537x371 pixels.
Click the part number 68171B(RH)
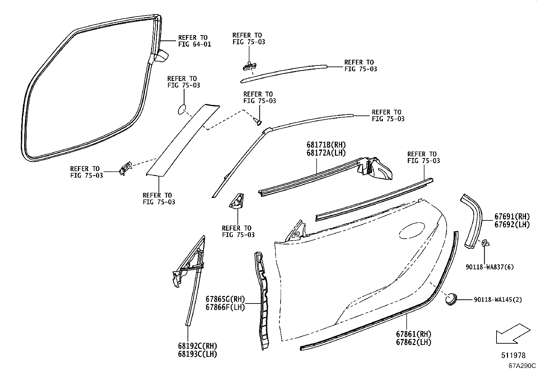tap(326, 145)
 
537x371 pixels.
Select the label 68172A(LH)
tap(326, 153)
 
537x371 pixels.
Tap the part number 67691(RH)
tap(512, 216)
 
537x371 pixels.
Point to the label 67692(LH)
tap(512, 224)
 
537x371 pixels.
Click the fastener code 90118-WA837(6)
tap(490, 267)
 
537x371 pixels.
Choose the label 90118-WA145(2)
tap(498, 299)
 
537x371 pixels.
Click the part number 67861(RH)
tap(414, 334)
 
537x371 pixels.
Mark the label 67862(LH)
tap(414, 342)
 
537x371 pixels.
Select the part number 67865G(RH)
tap(225, 299)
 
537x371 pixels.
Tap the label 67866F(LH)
tap(225, 307)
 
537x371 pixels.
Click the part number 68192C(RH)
tap(197, 346)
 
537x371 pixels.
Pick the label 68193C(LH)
tap(197, 354)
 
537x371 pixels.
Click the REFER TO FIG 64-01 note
tap(194, 41)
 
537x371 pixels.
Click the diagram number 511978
tap(513, 355)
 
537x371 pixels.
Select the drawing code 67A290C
tap(522, 366)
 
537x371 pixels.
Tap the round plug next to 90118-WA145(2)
tap(451, 298)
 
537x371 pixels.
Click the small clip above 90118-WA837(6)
tap(485, 242)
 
